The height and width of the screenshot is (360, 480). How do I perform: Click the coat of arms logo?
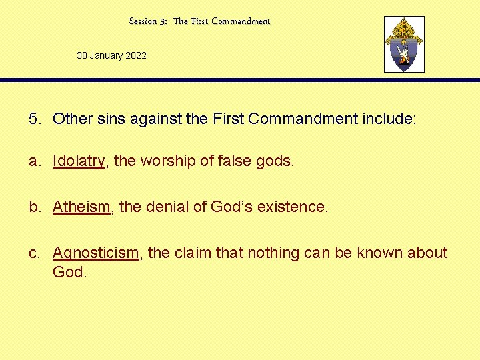[404, 45]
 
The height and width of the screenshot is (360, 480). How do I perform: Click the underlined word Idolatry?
[79, 161]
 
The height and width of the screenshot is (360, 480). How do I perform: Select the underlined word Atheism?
[81, 207]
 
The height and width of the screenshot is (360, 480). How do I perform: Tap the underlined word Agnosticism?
[95, 253]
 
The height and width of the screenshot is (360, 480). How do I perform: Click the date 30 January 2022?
[111, 55]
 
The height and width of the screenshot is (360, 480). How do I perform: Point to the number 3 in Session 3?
[163, 21]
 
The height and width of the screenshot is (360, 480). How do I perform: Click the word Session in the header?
[143, 21]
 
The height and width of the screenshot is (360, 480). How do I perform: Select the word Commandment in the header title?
[241, 21]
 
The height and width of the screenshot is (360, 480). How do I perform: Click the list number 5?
[33, 119]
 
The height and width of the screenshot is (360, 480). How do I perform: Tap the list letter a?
[33, 161]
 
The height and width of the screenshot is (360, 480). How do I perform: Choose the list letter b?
[33, 207]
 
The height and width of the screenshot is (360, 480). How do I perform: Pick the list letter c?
[33, 253]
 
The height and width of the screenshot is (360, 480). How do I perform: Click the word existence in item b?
[293, 207]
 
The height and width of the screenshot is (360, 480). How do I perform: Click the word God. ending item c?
[70, 272]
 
